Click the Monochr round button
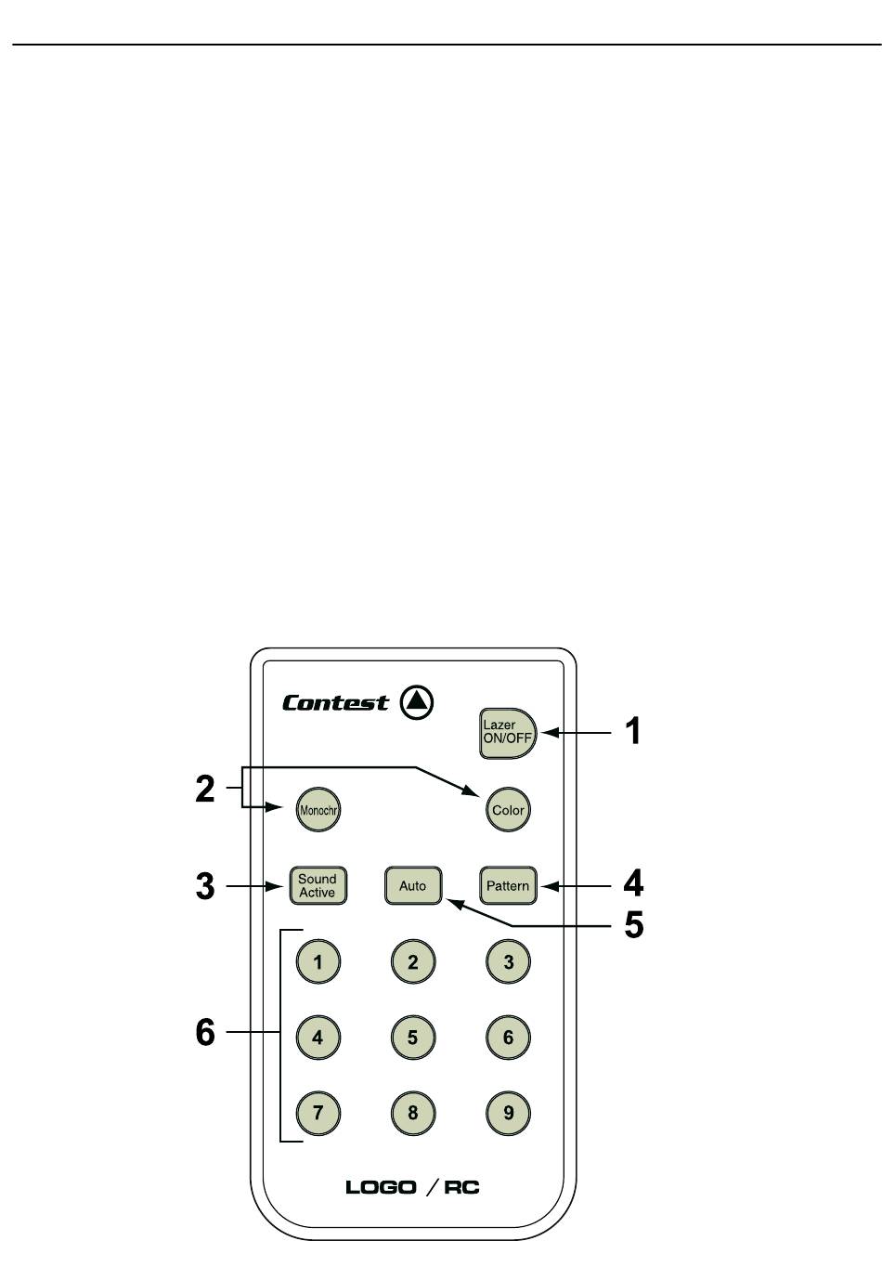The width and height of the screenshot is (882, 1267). pyautogui.click(x=318, y=809)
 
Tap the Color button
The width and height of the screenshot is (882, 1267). pyautogui.click(x=508, y=809)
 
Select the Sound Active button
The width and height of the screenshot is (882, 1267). pyautogui.click(x=317, y=885)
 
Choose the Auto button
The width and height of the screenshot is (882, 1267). pyautogui.click(x=412, y=885)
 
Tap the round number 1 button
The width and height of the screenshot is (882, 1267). pyautogui.click(x=318, y=961)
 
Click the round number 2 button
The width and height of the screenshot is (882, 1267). pyautogui.click(x=412, y=961)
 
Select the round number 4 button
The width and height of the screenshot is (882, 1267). pyautogui.click(x=318, y=1037)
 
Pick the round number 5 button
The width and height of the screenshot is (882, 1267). pyautogui.click(x=412, y=1037)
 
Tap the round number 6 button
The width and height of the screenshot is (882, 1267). pyautogui.click(x=508, y=1037)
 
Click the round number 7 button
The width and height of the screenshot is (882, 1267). pyautogui.click(x=318, y=1112)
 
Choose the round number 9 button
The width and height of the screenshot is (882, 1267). pyautogui.click(x=508, y=1112)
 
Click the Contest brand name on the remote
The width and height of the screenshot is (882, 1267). pyautogui.click(x=335, y=703)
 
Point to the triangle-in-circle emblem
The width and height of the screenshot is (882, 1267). pyautogui.click(x=417, y=701)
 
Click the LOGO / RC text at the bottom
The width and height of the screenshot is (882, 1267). pyautogui.click(x=412, y=1187)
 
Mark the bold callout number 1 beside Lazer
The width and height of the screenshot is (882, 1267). pyautogui.click(x=632, y=731)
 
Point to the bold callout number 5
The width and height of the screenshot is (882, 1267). pyautogui.click(x=634, y=924)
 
